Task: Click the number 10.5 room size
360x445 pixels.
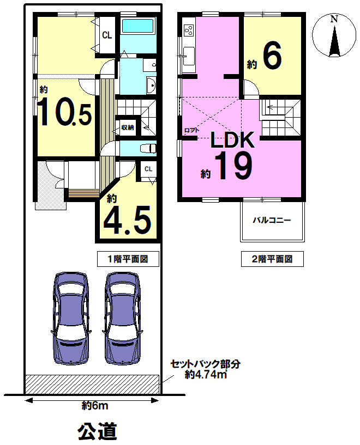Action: click(x=65, y=111)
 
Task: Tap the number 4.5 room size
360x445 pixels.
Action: click(x=127, y=220)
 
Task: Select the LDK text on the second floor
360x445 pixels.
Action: click(x=232, y=139)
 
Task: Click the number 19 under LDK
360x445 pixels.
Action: click(x=233, y=166)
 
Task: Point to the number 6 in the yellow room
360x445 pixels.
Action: click(x=272, y=56)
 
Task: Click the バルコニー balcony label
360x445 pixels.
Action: click(x=272, y=220)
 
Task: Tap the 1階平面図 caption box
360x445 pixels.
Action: click(x=128, y=259)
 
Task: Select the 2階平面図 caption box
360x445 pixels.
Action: click(x=272, y=259)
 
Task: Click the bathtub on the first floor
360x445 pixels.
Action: click(x=138, y=26)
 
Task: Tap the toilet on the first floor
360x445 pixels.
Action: click(x=148, y=148)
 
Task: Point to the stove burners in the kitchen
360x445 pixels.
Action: click(x=189, y=30)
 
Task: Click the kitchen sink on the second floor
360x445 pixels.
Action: click(x=189, y=56)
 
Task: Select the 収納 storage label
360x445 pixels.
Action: click(x=128, y=127)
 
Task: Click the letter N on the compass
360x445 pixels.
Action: click(x=334, y=19)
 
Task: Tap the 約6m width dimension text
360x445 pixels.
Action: click(x=95, y=406)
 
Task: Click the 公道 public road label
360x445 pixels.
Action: click(x=98, y=431)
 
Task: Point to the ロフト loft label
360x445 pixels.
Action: click(x=192, y=131)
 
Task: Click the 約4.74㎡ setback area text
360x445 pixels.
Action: click(x=206, y=375)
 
